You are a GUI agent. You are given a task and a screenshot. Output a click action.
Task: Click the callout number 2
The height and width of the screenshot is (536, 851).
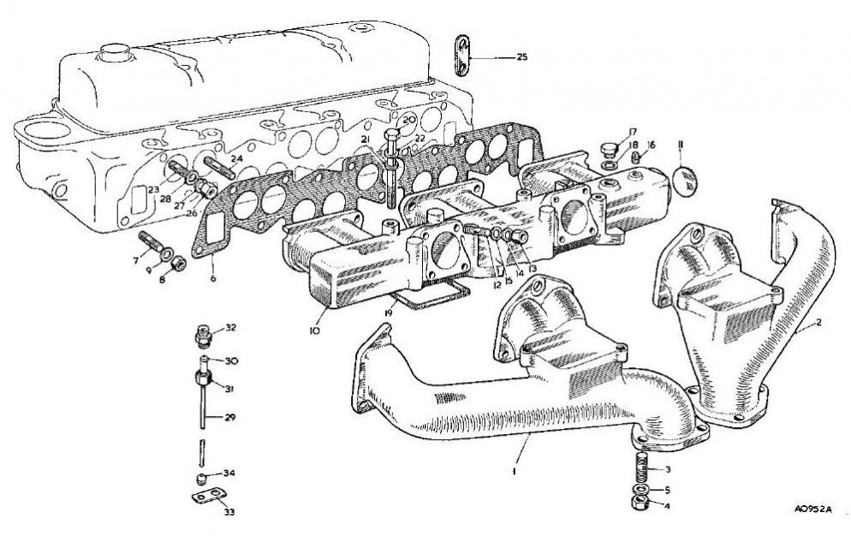coord(819,324)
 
